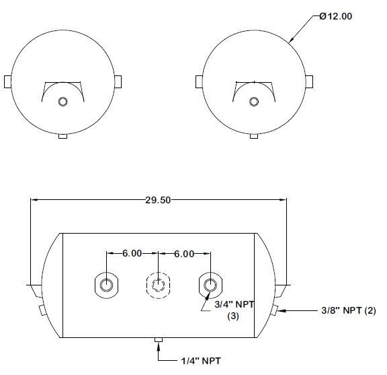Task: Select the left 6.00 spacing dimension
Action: pyautogui.click(x=132, y=254)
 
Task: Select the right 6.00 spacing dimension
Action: pyautogui.click(x=183, y=254)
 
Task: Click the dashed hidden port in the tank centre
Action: pyautogui.click(x=158, y=286)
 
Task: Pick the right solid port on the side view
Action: pyautogui.click(x=210, y=286)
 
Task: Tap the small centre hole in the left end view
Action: pyautogui.click(x=63, y=102)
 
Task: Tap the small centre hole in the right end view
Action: pyautogui.click(x=253, y=102)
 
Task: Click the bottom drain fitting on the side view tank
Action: pyautogui.click(x=159, y=341)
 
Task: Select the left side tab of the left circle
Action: pyautogui.click(x=8, y=81)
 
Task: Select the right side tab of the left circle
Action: pyautogui.click(x=118, y=81)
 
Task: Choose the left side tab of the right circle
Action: pyautogui.click(x=199, y=81)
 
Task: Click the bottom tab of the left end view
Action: pyautogui.click(x=63, y=136)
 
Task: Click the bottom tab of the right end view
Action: pyautogui.click(x=253, y=136)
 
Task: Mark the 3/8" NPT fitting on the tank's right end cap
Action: pyautogui.click(x=275, y=310)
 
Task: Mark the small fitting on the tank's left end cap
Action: pyautogui.click(x=42, y=310)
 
